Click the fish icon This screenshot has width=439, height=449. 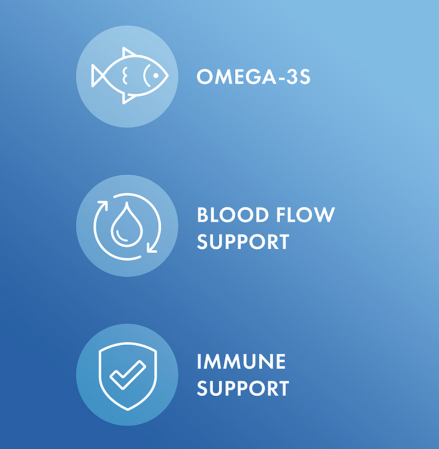point(130,76)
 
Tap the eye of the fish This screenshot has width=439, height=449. point(156,76)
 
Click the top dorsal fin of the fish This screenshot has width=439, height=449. point(128,52)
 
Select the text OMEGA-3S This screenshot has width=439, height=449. point(253,77)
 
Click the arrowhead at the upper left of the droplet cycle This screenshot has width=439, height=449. point(103,205)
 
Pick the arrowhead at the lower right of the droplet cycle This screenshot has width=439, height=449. point(152,247)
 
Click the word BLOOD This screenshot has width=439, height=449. point(232,215)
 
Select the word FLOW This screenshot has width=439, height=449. point(306,215)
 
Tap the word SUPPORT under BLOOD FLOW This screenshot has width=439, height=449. point(243,242)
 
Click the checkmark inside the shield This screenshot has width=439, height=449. point(128,375)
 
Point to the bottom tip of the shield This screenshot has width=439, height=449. point(128,410)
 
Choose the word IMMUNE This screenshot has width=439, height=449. point(241,361)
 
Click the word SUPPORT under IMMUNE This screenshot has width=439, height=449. point(243,388)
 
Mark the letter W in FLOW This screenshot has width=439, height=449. point(324,215)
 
